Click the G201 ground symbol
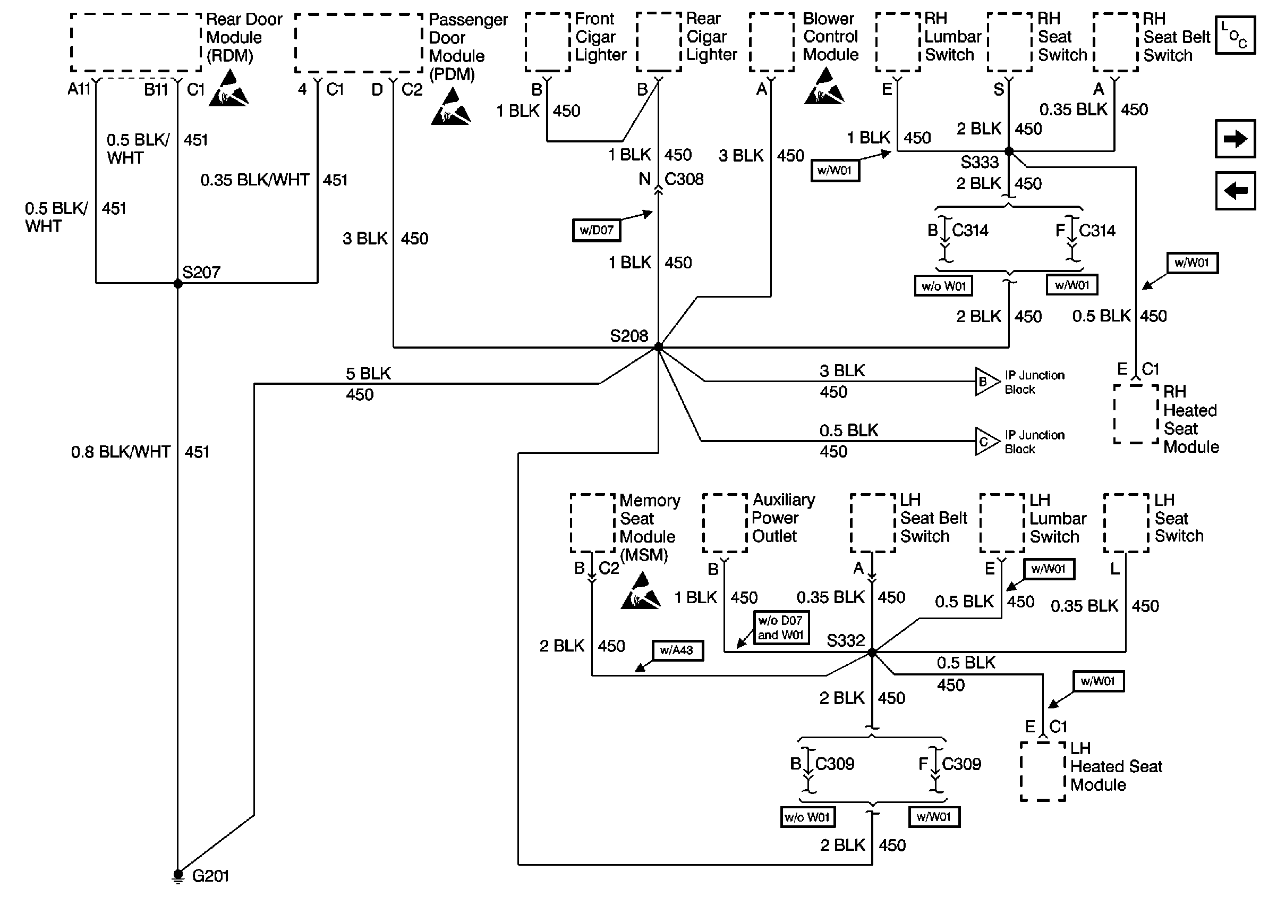[x=177, y=876]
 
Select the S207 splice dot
[x=177, y=284]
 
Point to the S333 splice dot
[x=1009, y=151]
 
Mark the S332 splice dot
[x=872, y=653]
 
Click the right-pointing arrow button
[x=1235, y=139]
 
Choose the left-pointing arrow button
[x=1235, y=191]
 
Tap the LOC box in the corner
[x=1235, y=36]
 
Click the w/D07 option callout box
[x=596, y=230]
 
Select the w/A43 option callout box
[x=677, y=650]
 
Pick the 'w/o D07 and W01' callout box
[x=780, y=628]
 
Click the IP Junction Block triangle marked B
[x=986, y=382]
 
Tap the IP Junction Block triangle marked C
[x=986, y=441]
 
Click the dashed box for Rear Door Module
[x=135, y=43]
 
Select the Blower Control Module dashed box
[x=771, y=43]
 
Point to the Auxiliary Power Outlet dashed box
[x=725, y=523]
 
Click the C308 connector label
[x=684, y=179]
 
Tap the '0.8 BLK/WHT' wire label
[x=120, y=452]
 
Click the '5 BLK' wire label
[x=368, y=374]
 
